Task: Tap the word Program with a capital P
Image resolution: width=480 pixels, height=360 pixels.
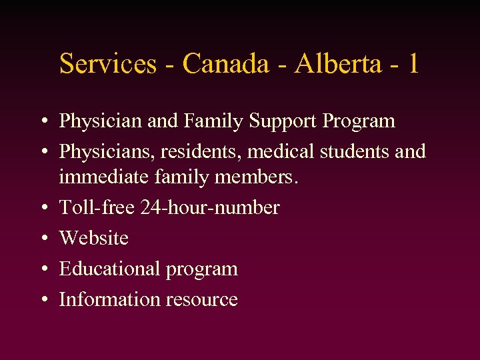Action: [358, 121]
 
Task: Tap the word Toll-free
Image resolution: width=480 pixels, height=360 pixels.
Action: [97, 207]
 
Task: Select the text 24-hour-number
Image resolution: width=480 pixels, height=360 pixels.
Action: [210, 207]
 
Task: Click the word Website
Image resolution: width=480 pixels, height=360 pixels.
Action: [94, 237]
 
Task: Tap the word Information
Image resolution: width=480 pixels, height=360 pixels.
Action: [107, 299]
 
